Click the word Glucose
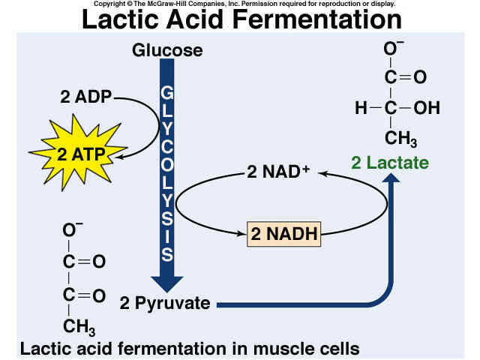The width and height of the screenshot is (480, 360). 167,50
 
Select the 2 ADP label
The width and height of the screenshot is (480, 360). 86,97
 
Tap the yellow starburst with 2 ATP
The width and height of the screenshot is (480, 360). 79,152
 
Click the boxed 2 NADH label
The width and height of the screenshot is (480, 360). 283,234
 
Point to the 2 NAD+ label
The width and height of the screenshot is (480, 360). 278,172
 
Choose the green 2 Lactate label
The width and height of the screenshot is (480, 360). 390,163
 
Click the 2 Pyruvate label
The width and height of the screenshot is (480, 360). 165,303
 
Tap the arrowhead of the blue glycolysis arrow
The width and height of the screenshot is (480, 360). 167,284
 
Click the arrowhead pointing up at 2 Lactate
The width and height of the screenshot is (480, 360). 391,178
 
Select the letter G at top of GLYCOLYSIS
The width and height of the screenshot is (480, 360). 166,93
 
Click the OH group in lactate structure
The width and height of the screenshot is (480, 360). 427,108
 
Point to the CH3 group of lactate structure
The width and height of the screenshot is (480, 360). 400,139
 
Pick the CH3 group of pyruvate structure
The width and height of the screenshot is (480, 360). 79,327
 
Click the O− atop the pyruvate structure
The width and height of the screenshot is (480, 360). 73,229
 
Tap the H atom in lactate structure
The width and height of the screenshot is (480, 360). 361,108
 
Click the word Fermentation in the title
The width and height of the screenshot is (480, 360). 316,19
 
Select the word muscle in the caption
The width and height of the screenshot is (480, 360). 281,348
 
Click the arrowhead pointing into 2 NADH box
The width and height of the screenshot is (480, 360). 241,234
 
